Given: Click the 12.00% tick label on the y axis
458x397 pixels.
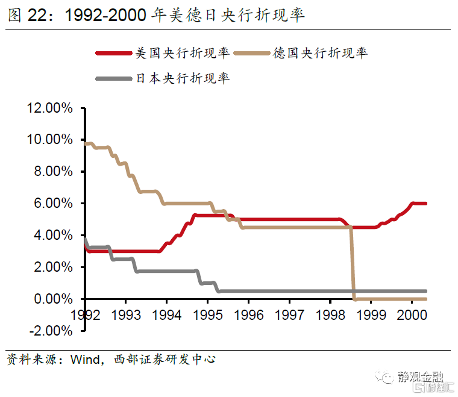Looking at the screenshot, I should click(49, 108).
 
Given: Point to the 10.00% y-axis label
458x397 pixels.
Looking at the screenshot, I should click(49, 140).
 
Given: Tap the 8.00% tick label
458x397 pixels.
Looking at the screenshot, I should click(52, 172).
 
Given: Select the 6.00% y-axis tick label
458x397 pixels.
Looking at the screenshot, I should click(52, 204).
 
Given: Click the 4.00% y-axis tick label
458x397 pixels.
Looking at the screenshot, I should click(52, 236).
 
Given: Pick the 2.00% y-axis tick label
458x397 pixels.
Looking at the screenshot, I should click(52, 267).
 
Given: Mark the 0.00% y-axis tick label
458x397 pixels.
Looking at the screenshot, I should click(52, 299).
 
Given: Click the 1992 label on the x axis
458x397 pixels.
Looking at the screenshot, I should click(84, 315).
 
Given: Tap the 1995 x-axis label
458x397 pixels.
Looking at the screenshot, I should click(207, 315).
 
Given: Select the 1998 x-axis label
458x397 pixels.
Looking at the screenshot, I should click(330, 315).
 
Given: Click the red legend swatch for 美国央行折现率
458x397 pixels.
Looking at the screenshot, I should click(113, 54).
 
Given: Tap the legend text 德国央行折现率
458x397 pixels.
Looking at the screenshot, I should click(320, 54).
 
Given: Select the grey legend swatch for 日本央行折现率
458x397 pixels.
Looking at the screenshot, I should click(113, 78).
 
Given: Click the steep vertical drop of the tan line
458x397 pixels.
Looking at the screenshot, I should click(352, 265).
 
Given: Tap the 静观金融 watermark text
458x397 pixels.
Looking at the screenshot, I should click(421, 378).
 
